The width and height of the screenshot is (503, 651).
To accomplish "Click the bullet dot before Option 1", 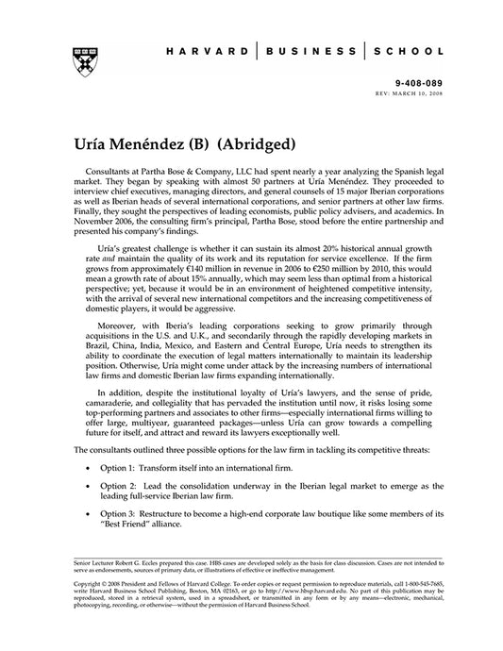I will pyautogui.click(x=88, y=467).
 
